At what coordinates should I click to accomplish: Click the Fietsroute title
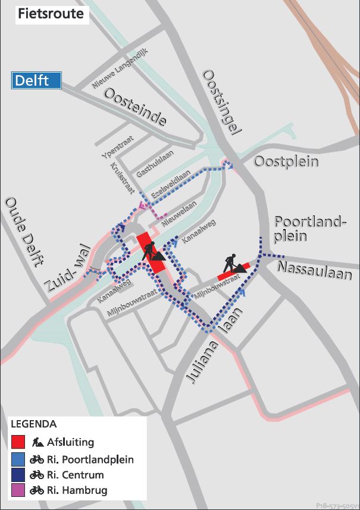click(x=51, y=14)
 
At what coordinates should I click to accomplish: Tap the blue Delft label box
click(x=37, y=80)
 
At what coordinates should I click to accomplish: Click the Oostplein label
click(x=286, y=162)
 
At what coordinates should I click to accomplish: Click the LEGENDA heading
click(x=34, y=424)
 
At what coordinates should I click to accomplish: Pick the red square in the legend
click(x=18, y=443)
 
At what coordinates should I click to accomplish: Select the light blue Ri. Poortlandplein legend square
click(x=18, y=459)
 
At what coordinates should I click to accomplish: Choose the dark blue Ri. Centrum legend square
click(x=18, y=475)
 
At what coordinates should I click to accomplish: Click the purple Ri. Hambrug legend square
click(x=18, y=490)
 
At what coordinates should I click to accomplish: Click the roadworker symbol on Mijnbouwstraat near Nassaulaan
click(x=233, y=264)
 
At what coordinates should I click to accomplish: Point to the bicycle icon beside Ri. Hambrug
click(x=36, y=490)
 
